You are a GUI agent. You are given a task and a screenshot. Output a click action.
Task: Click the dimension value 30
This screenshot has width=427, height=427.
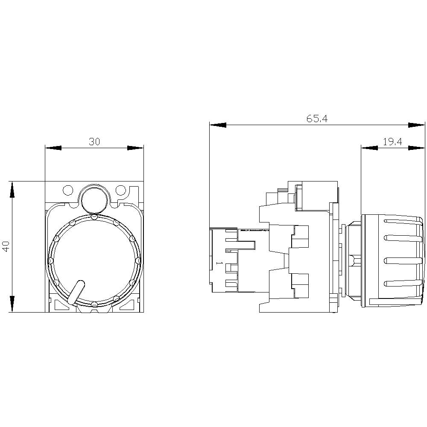(94, 142)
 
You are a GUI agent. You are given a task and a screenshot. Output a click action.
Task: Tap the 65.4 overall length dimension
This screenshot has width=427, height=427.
(317, 119)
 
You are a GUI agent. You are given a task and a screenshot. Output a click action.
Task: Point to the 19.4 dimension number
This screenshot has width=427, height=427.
(392, 142)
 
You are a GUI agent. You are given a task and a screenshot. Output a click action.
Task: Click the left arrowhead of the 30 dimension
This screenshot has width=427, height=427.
(53, 148)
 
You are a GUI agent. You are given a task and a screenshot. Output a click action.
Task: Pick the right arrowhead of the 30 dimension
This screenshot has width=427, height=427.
(135, 148)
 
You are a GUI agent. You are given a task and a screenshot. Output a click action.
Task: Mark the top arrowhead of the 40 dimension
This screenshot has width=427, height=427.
(13, 189)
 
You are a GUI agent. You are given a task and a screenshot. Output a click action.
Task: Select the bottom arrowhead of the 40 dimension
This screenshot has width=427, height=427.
(13, 304)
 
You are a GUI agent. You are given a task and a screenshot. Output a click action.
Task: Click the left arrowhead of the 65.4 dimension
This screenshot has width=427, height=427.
(218, 125)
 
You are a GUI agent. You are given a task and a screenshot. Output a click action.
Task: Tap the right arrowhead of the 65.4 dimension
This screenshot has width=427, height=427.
(416, 125)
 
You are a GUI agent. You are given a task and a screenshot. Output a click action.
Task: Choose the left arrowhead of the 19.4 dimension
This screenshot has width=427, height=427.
(369, 148)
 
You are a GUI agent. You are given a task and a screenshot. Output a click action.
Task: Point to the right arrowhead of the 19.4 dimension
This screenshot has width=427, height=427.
(416, 148)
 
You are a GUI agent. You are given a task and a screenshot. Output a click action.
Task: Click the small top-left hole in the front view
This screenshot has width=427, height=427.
(67, 190)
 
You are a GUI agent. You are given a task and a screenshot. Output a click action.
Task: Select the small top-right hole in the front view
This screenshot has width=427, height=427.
(121, 190)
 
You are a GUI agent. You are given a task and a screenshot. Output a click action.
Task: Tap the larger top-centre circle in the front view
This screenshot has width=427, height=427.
(94, 199)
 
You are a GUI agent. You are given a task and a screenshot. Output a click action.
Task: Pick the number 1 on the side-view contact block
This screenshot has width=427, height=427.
(218, 264)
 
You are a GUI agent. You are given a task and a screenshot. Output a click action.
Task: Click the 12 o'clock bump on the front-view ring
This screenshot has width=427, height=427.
(94, 216)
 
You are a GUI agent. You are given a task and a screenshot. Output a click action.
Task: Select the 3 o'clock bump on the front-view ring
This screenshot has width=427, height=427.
(137, 260)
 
